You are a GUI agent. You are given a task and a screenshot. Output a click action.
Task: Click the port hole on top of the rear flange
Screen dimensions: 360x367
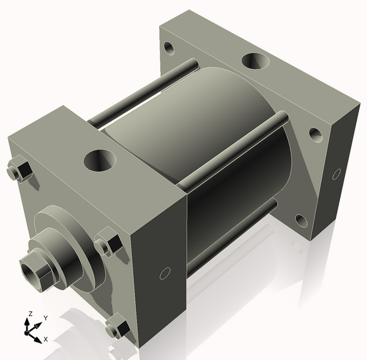(255, 62)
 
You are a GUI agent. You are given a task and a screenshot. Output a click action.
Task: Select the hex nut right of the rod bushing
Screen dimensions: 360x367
(108, 244)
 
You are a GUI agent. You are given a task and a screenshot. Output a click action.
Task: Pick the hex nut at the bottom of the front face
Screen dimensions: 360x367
(116, 329)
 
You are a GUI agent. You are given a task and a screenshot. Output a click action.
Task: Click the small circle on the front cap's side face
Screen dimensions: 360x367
(164, 274)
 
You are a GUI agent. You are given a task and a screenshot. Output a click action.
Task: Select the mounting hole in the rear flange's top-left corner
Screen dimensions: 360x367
(168, 47)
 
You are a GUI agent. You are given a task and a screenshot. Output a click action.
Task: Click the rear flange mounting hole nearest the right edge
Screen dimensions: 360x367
(315, 133)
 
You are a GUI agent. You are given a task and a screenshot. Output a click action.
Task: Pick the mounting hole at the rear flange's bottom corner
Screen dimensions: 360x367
(300, 220)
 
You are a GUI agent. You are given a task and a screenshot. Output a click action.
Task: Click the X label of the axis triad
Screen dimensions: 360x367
(46, 339)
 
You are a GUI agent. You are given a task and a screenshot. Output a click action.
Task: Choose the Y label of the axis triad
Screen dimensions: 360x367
(45, 318)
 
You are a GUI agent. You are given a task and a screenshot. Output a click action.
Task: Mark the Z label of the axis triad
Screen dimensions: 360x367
(29, 313)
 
